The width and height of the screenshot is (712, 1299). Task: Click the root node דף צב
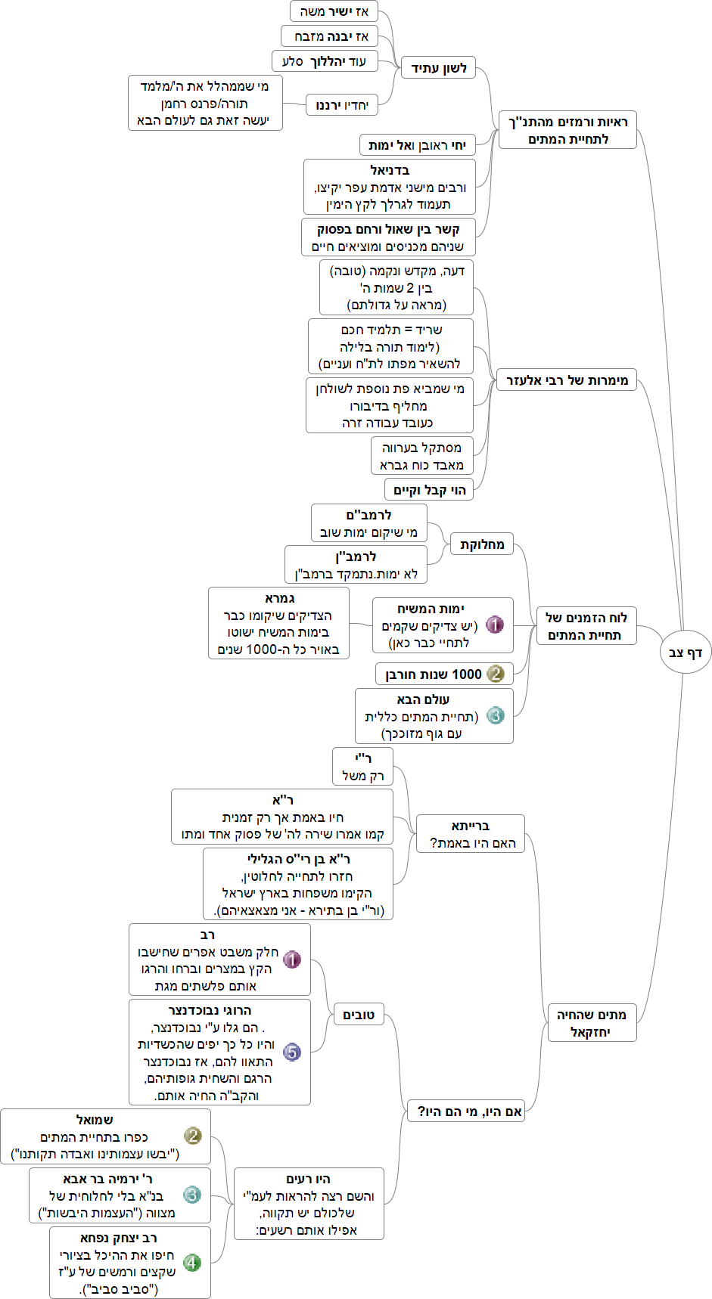pyautogui.click(x=686, y=653)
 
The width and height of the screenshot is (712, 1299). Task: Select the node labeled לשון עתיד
pyautogui.click(x=439, y=69)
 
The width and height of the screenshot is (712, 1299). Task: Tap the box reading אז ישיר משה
pyautogui.click(x=334, y=11)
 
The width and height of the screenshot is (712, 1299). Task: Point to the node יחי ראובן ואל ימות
pyautogui.click(x=417, y=145)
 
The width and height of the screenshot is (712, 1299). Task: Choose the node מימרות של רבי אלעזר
pyautogui.click(x=567, y=380)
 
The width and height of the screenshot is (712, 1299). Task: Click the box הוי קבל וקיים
pyautogui.click(x=429, y=490)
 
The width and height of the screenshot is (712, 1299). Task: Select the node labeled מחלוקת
pyautogui.click(x=482, y=544)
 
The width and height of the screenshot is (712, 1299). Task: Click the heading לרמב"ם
pyautogui.click(x=368, y=515)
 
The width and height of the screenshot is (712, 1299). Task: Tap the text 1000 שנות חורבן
pyautogui.click(x=434, y=674)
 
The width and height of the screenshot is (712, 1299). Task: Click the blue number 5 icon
pyautogui.click(x=292, y=1052)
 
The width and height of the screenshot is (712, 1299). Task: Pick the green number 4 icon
pyautogui.click(x=192, y=1262)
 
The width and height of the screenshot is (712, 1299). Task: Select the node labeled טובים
pyautogui.click(x=359, y=1015)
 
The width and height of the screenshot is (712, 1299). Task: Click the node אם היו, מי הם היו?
pyautogui.click(x=465, y=1111)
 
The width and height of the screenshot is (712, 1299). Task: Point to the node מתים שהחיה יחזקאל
pyautogui.click(x=592, y=1023)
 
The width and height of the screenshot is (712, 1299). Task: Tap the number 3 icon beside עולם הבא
pyautogui.click(x=495, y=715)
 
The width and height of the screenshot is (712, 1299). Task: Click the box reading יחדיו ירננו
pyautogui.click(x=342, y=105)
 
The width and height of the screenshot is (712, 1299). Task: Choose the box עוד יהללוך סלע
pyautogui.click(x=324, y=61)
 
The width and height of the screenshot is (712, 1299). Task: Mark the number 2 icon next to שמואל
pyautogui.click(x=193, y=1136)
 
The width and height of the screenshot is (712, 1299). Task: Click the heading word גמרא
pyautogui.click(x=279, y=598)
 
